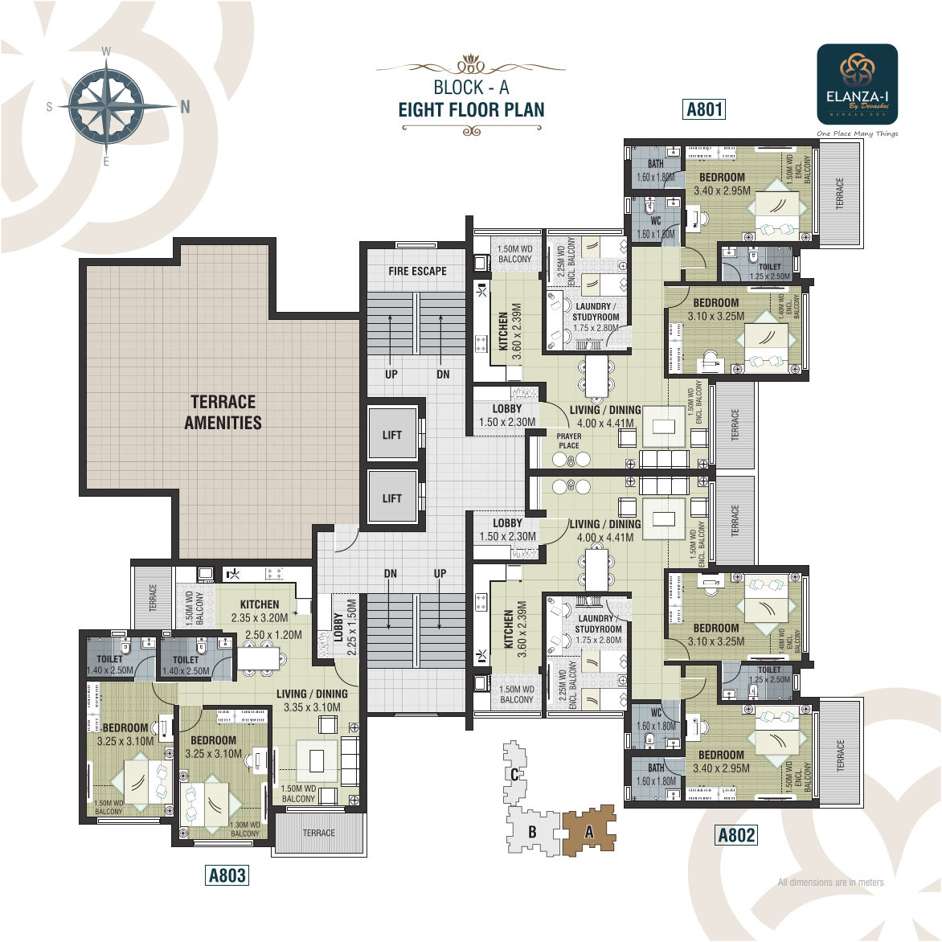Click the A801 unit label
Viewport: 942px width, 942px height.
coord(704,109)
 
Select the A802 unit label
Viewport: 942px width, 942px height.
coord(736,835)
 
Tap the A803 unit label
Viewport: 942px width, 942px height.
coord(227,875)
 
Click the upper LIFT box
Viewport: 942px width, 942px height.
coord(392,435)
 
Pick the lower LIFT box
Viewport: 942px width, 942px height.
coord(392,498)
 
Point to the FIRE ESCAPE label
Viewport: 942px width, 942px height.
coord(417,272)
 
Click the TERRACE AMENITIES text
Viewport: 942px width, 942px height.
coord(223,412)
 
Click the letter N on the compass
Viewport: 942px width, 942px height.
coord(185,107)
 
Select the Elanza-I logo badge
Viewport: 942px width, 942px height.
coord(857,84)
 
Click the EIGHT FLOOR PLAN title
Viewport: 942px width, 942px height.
coord(471,110)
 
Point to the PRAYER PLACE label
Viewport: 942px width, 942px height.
coord(569,441)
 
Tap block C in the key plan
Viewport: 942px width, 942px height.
coord(514,775)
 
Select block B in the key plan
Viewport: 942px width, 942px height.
coord(531,833)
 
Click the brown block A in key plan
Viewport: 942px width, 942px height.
coord(589,832)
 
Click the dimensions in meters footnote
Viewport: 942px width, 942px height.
coord(830,883)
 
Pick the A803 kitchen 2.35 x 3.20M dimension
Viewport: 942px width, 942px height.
coord(259,618)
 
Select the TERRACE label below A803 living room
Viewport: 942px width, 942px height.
coord(319,833)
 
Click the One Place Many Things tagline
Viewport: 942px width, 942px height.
coord(857,133)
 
